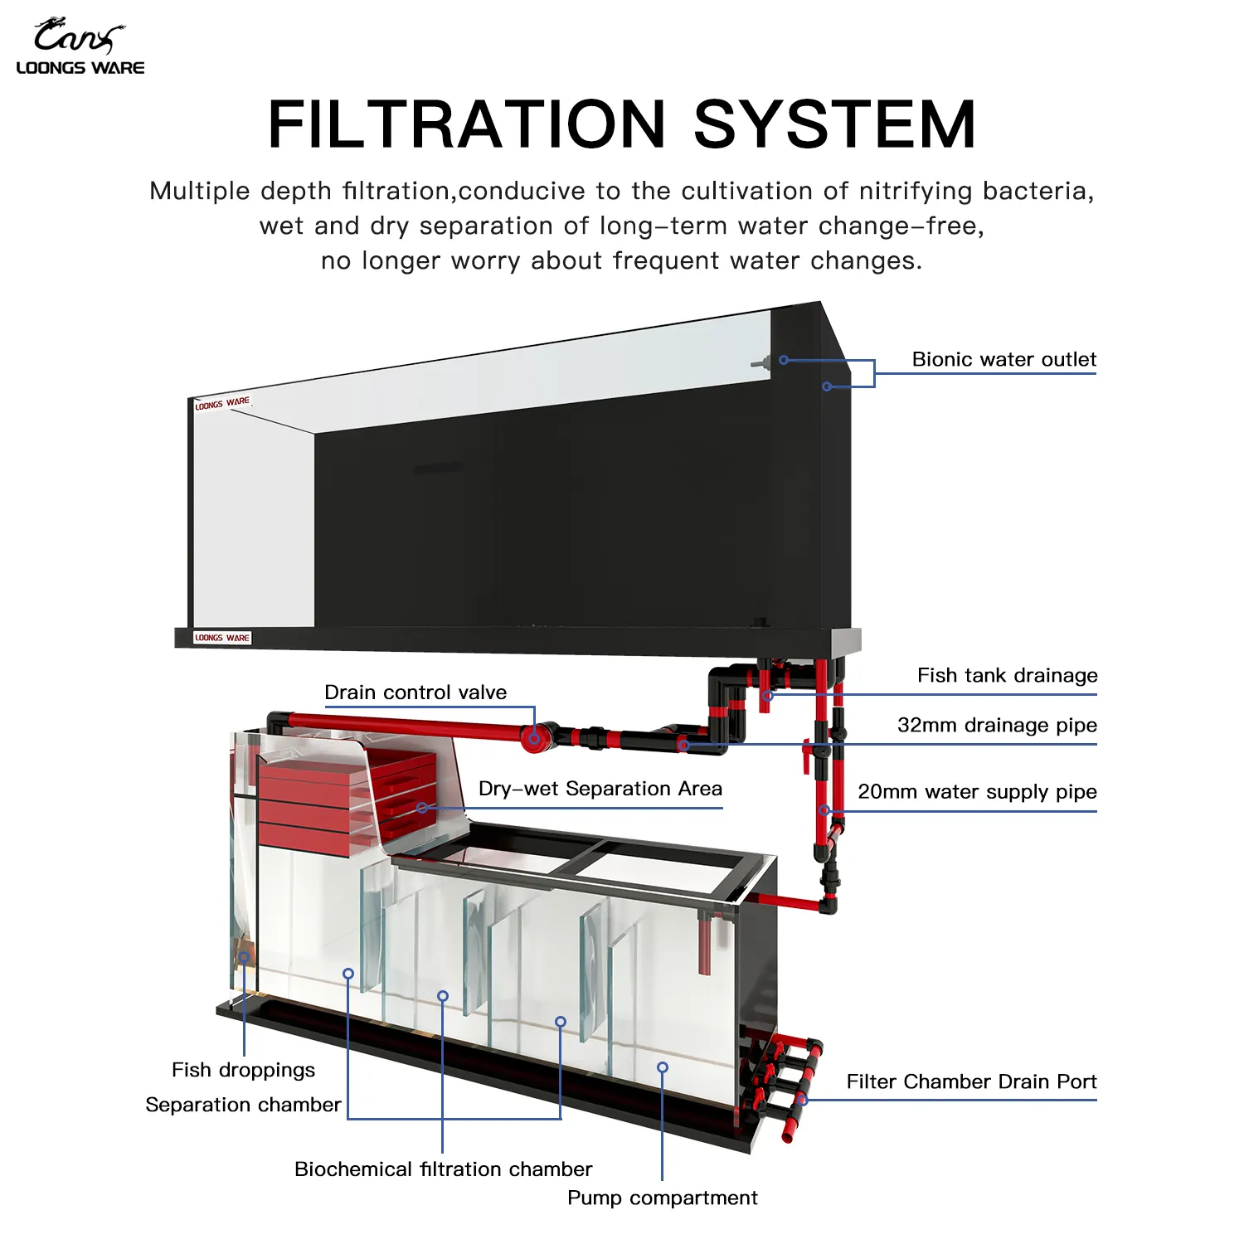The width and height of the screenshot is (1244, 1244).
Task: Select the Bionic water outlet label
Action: pos(1003,359)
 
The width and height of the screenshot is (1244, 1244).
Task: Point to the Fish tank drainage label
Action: pos(1007,675)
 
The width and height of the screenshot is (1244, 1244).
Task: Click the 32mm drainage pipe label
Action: pos(997,725)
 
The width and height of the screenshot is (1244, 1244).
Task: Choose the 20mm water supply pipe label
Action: pos(977,791)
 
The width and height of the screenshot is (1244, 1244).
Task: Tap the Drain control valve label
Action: pos(415,692)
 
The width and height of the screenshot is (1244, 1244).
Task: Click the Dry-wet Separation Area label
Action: pos(600,788)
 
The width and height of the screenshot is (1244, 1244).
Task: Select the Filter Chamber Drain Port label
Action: pos(971,1081)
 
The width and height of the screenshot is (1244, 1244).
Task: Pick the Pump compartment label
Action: pos(662,1198)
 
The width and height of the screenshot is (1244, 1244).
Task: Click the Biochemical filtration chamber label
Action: pos(443,1169)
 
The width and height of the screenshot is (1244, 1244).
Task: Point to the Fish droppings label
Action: pos(243,1070)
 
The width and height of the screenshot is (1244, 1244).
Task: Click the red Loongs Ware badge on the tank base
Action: pos(221,638)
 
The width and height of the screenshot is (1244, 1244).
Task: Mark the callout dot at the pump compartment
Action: pos(662,1067)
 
